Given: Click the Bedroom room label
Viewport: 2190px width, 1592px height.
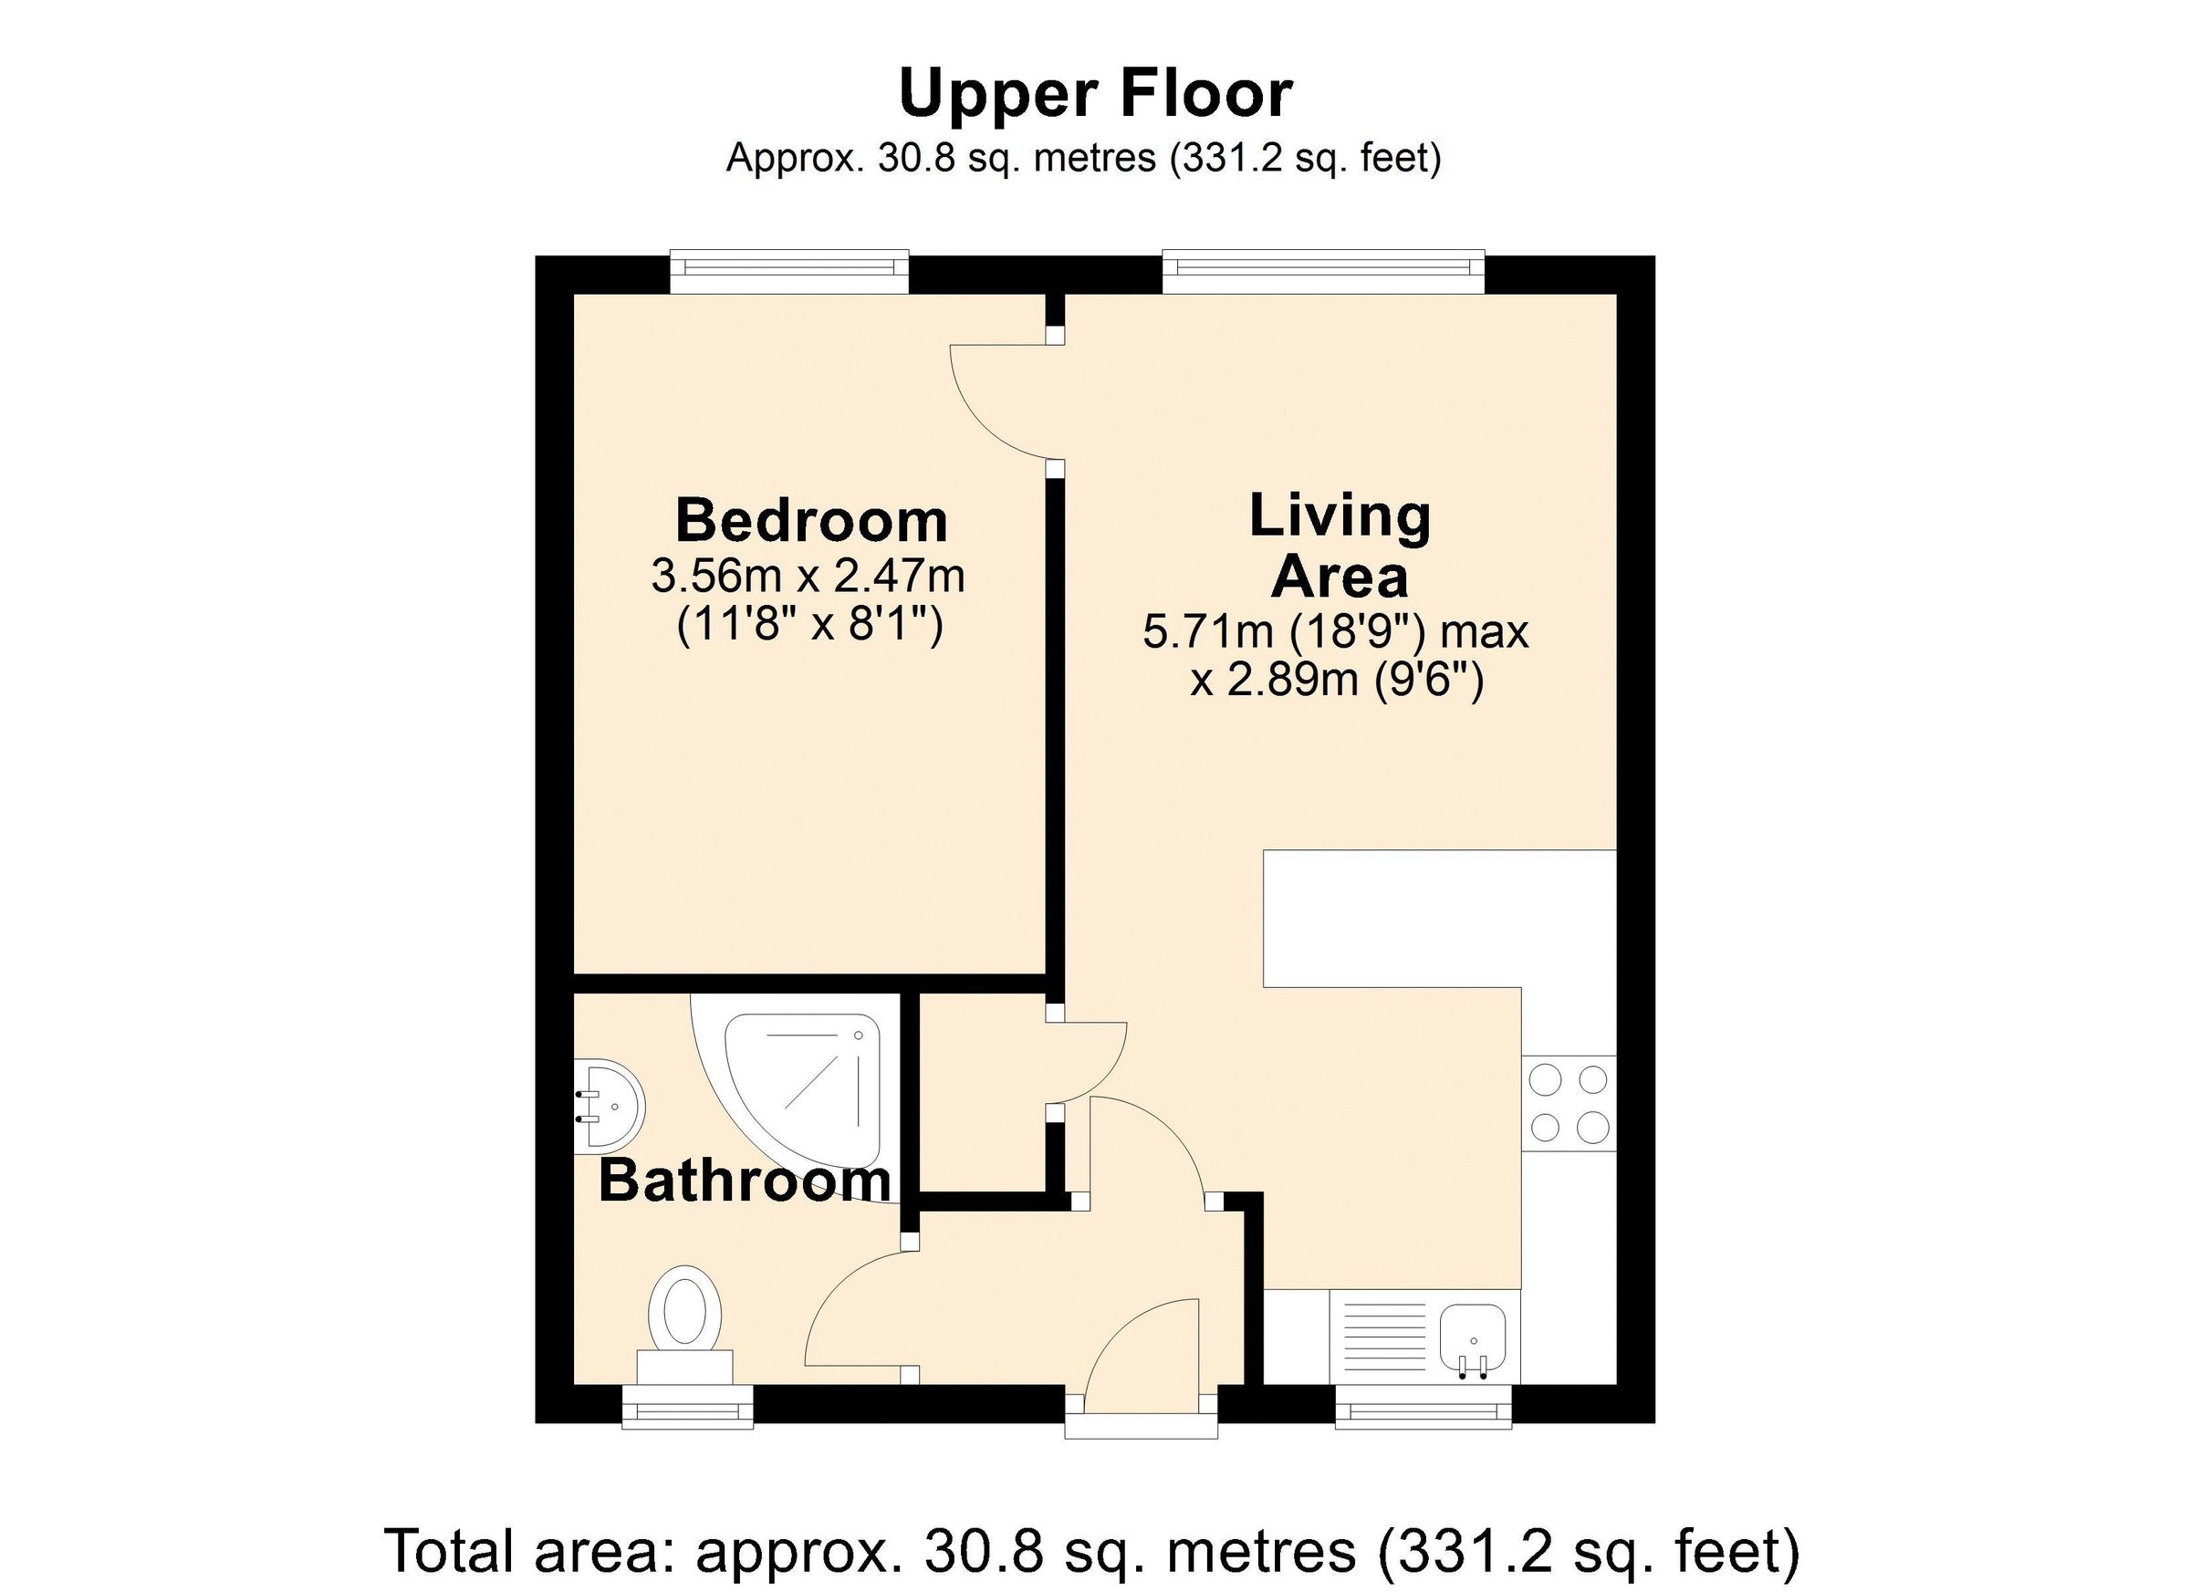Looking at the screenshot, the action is point(811,521).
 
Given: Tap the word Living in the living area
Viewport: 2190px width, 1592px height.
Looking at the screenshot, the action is point(1340,517).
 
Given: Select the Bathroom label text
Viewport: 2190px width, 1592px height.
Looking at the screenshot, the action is point(745,1181).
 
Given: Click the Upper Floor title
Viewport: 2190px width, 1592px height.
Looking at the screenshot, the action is point(1095,94).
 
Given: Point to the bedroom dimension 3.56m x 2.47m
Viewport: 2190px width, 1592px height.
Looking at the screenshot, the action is point(808,577).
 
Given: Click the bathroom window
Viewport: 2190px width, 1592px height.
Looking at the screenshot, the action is point(687,1407).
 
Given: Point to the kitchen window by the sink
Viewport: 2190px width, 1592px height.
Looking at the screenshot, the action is point(1423,1407).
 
